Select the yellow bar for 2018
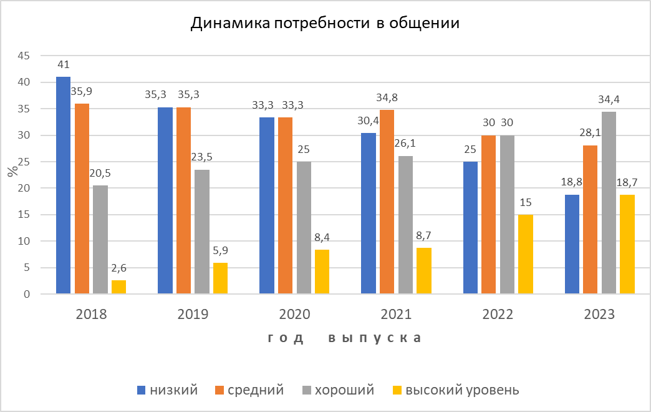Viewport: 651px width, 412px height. click(x=118, y=287)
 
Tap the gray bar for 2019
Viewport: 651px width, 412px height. click(x=202, y=232)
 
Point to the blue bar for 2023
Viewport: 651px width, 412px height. click(x=572, y=244)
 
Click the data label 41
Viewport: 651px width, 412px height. click(x=63, y=64)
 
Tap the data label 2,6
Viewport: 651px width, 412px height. click(x=118, y=268)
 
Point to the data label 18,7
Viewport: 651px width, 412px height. click(x=627, y=183)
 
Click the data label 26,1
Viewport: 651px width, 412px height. click(x=405, y=144)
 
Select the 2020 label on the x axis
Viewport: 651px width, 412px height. click(x=294, y=314)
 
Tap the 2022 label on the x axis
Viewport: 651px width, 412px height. click(x=498, y=314)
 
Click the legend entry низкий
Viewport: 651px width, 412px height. click(x=168, y=390)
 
